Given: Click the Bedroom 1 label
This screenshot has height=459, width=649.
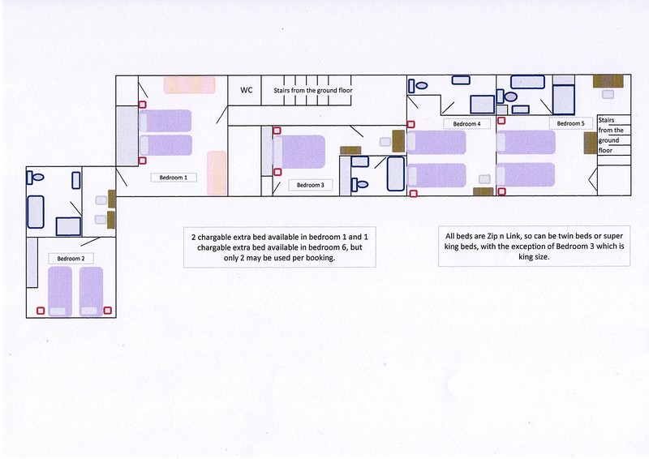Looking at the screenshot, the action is tap(174, 178).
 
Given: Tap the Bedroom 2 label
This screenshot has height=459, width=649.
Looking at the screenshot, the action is tap(71, 259).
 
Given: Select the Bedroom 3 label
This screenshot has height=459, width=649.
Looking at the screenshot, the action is tap(311, 185).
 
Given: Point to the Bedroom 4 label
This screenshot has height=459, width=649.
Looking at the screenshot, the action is tap(467, 124).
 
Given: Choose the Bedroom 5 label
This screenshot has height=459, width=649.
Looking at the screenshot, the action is tap(571, 123).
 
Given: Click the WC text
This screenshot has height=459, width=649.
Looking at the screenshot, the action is tap(247, 90).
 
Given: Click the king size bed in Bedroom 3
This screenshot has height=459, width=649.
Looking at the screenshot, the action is tap(299, 152).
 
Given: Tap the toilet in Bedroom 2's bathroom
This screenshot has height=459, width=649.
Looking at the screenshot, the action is tap(36, 178).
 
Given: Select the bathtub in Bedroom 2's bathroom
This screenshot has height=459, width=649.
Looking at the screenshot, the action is tap(36, 212).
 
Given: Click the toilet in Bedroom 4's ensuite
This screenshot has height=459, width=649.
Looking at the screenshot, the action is tap(418, 86).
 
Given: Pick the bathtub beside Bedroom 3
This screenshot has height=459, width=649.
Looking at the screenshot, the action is tap(396, 174).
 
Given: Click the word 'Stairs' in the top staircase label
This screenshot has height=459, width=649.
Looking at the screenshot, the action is tap(282, 90).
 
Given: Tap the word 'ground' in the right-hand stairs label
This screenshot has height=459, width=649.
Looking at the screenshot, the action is tap(608, 140).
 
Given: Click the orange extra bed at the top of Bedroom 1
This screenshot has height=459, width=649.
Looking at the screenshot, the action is tap(190, 85).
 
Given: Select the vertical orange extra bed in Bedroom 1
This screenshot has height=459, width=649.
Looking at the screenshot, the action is tap(217, 173).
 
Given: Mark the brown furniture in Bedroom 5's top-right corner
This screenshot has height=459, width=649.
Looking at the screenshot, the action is tap(608, 81).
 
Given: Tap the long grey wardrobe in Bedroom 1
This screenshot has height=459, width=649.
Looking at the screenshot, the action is tap(127, 135).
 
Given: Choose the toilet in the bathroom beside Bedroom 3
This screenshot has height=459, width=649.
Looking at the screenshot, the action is tap(359, 184).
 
